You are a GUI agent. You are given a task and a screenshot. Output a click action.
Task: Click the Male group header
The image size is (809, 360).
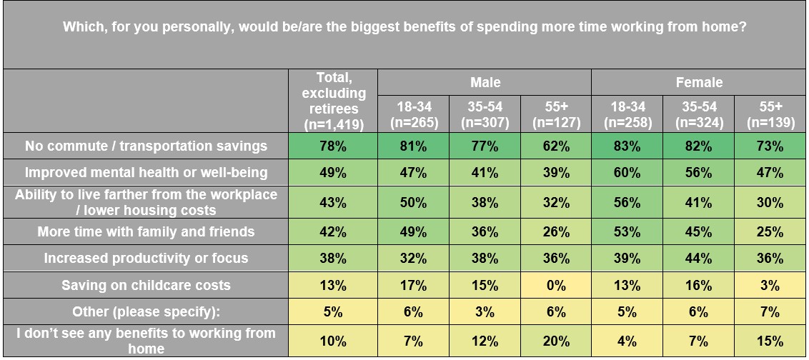point(485,82)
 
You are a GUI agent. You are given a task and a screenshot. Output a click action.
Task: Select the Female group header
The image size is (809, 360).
point(699,82)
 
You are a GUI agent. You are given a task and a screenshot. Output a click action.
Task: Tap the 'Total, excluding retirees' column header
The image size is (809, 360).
point(333,101)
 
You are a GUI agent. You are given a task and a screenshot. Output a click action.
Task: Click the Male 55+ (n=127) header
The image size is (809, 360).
point(555,114)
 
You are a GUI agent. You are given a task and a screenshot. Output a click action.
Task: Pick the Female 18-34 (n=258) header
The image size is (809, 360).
point(627,114)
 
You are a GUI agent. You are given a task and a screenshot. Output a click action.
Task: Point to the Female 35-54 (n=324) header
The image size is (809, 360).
point(698,114)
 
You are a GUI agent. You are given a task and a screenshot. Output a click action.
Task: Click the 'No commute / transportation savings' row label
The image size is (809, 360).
point(146,146)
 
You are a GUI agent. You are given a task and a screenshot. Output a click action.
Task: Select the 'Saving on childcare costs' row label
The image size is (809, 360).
point(146,285)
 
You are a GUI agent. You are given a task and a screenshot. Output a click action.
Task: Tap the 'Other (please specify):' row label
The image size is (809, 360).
point(146,312)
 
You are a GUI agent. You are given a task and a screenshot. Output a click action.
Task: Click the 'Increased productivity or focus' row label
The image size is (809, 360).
point(146,258)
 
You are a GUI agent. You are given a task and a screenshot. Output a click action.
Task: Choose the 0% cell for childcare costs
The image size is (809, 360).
point(555,285)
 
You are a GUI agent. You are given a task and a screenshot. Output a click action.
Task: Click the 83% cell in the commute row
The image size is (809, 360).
point(627,146)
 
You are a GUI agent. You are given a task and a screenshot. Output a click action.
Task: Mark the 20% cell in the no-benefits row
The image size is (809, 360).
point(555,341)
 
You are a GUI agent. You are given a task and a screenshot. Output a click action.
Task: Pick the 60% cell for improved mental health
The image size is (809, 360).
point(627,172)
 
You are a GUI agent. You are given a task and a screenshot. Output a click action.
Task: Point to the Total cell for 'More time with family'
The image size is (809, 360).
point(333,231)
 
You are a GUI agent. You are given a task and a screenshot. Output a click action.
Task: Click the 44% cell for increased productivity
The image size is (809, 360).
point(698,258)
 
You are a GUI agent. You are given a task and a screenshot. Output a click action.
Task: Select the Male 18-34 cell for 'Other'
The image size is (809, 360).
point(413,312)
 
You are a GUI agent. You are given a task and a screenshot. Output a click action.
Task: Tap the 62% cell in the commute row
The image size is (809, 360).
point(555,146)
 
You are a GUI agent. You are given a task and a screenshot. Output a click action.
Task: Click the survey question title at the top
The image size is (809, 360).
point(404,27)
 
